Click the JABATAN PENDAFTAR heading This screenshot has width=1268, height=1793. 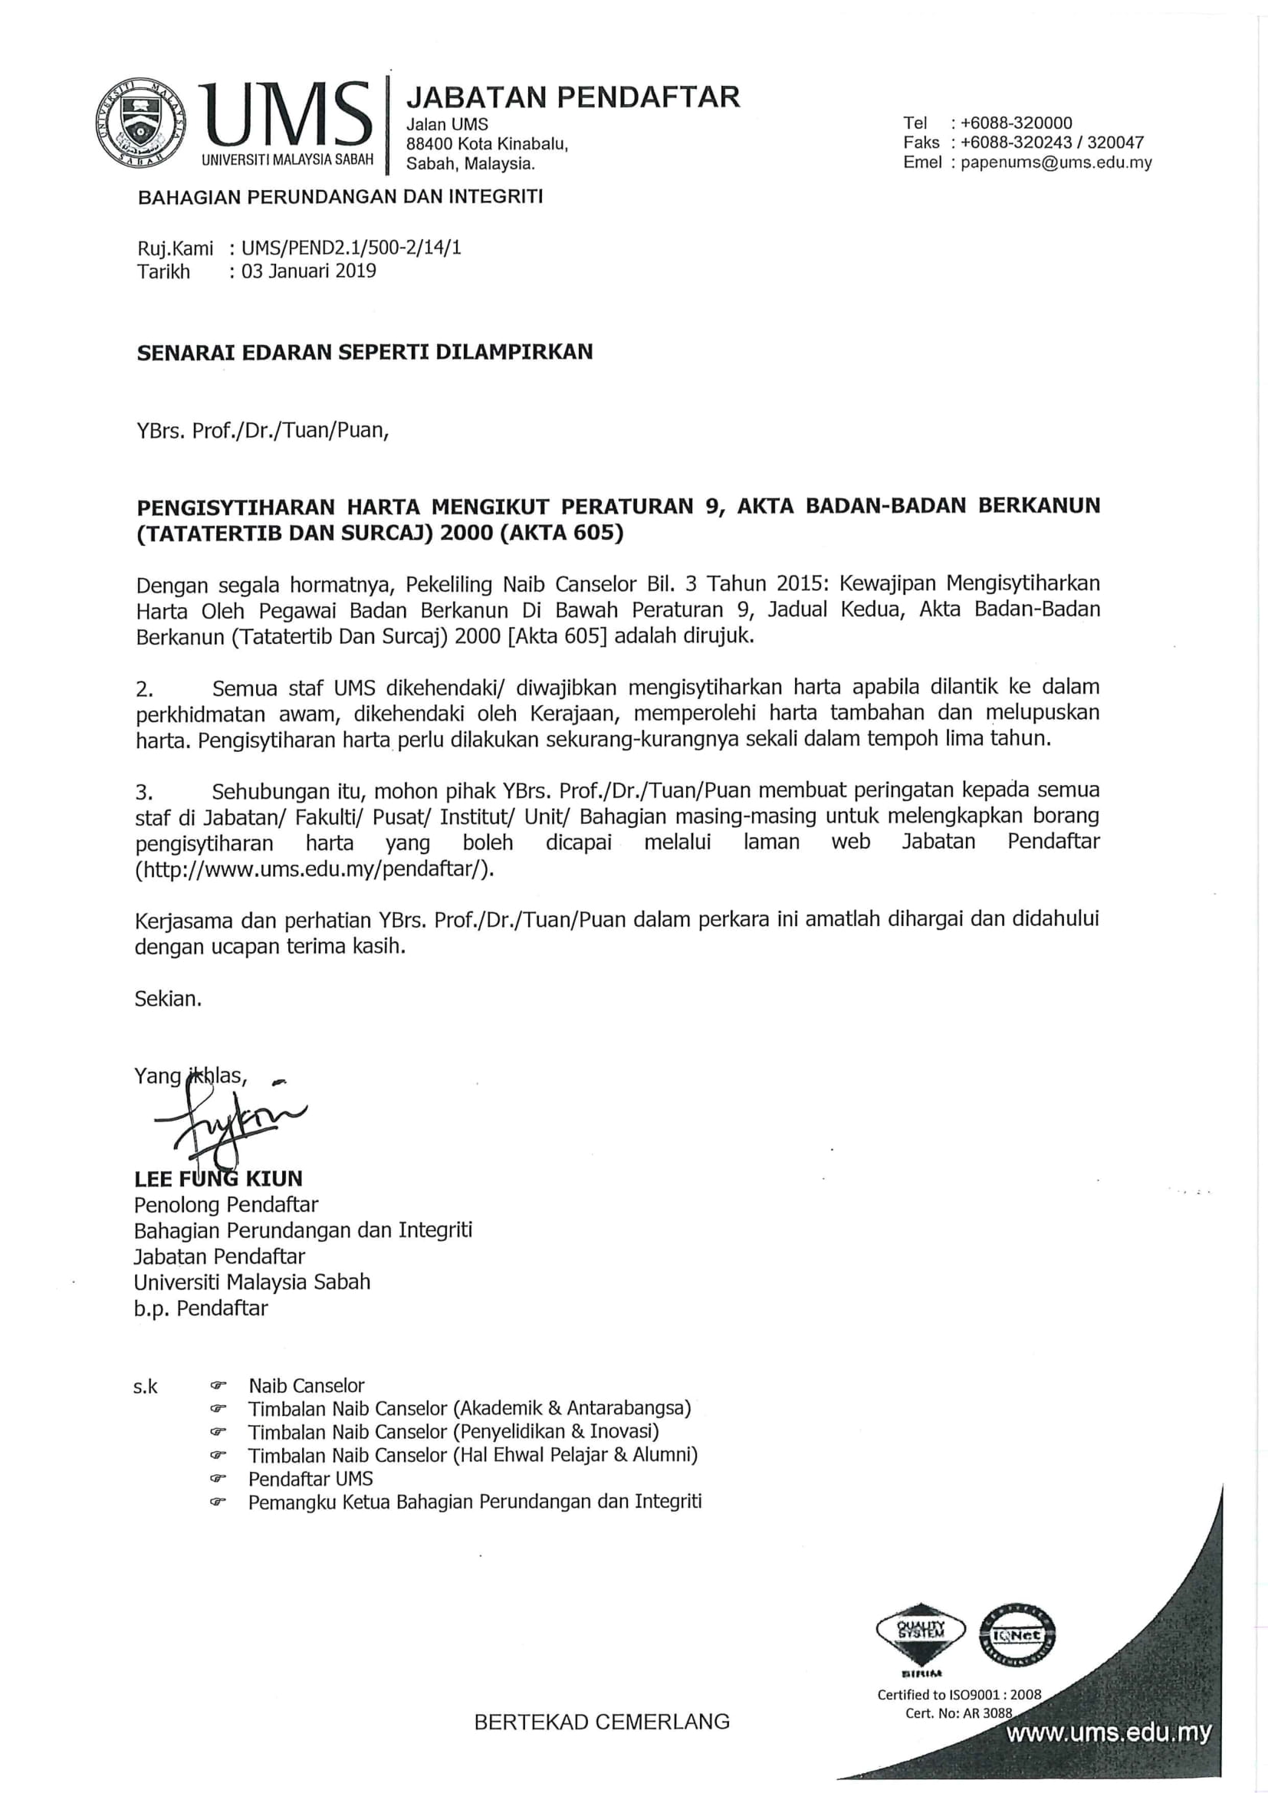click(x=573, y=97)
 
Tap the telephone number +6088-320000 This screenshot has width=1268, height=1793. click(x=1016, y=123)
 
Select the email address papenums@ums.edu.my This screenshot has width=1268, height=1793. click(x=1056, y=163)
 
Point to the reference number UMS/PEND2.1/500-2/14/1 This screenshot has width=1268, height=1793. click(x=351, y=248)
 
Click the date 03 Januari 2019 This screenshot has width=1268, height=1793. click(x=308, y=271)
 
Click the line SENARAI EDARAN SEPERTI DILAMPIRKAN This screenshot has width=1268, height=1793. click(x=365, y=352)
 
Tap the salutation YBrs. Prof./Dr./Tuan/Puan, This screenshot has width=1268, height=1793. click(x=261, y=430)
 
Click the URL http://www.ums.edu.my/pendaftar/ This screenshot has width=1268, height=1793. click(x=315, y=869)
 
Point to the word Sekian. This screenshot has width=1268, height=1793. click(x=168, y=999)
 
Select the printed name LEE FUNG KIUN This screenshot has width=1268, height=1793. click(x=218, y=1178)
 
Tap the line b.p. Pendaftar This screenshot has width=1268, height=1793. click(x=201, y=1308)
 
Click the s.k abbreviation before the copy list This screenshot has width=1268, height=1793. click(x=145, y=1387)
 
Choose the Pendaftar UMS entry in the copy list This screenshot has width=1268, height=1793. click(x=310, y=1478)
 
